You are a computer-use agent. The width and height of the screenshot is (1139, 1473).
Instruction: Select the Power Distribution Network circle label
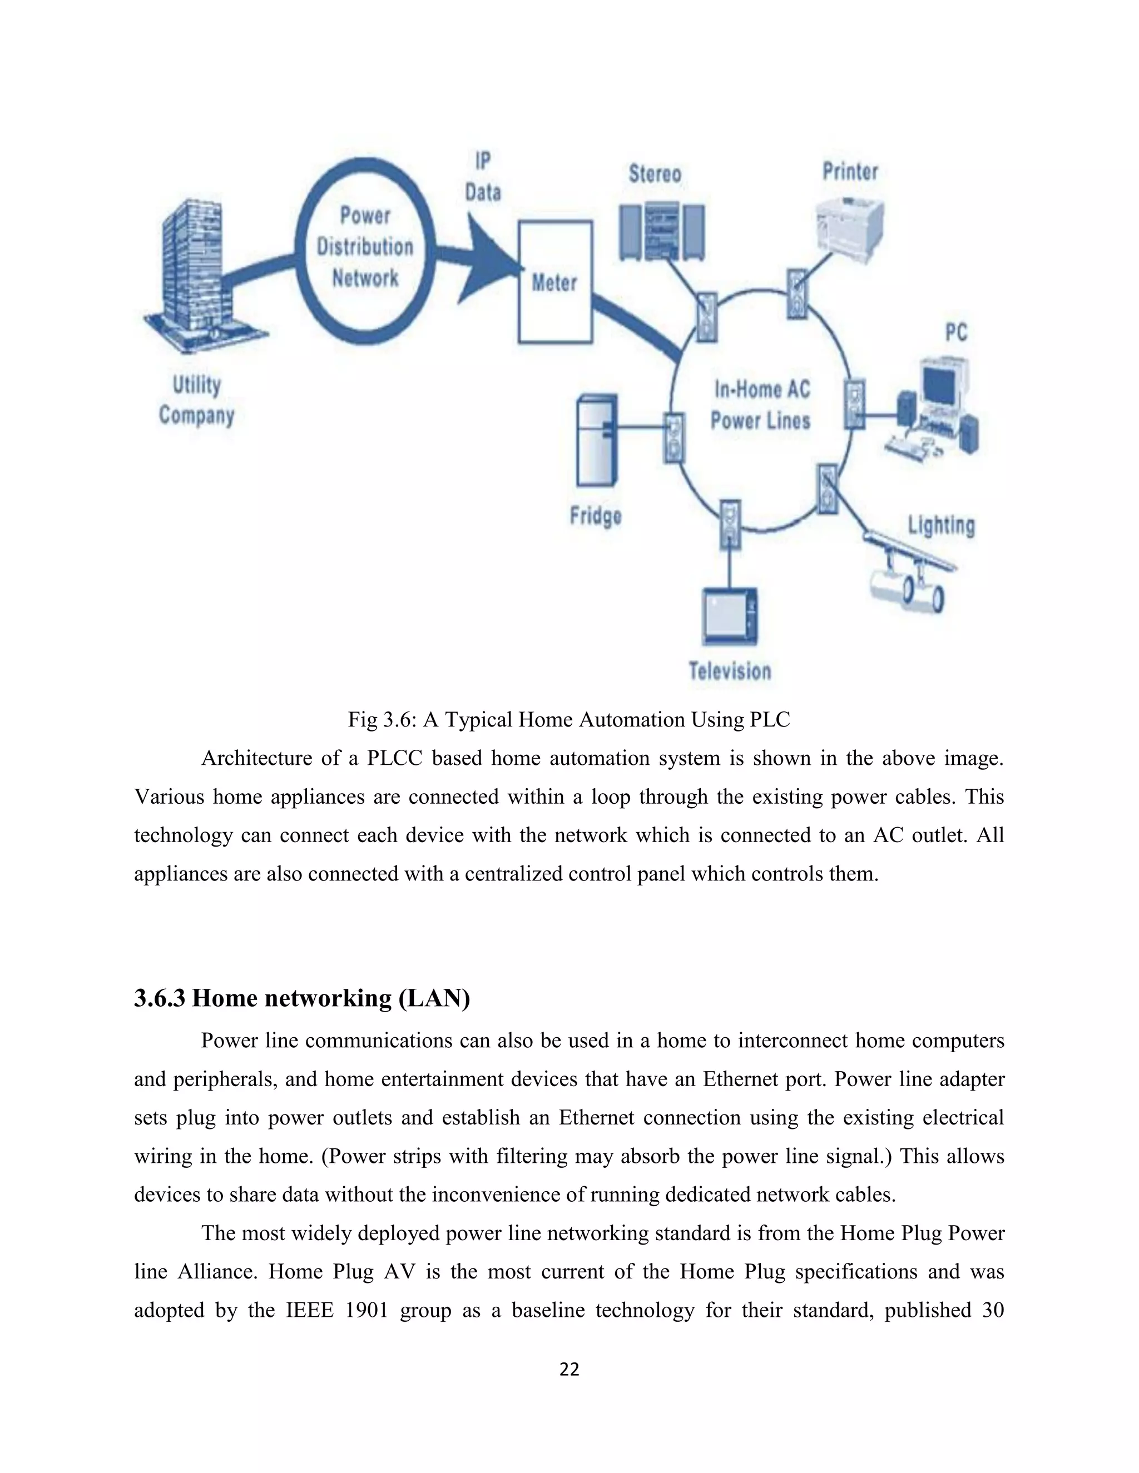pos(365,247)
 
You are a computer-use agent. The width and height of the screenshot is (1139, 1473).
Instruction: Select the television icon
pos(730,616)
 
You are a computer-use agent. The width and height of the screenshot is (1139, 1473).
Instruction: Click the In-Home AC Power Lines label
pos(761,405)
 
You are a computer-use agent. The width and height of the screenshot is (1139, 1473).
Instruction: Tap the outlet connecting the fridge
pos(674,437)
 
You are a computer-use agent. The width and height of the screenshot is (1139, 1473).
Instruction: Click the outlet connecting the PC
pos(854,404)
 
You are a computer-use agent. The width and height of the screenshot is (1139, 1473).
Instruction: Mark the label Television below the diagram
pos(730,671)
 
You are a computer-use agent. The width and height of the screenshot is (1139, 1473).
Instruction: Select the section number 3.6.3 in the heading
pos(159,998)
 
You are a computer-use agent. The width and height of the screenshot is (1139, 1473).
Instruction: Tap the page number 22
pos(569,1369)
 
